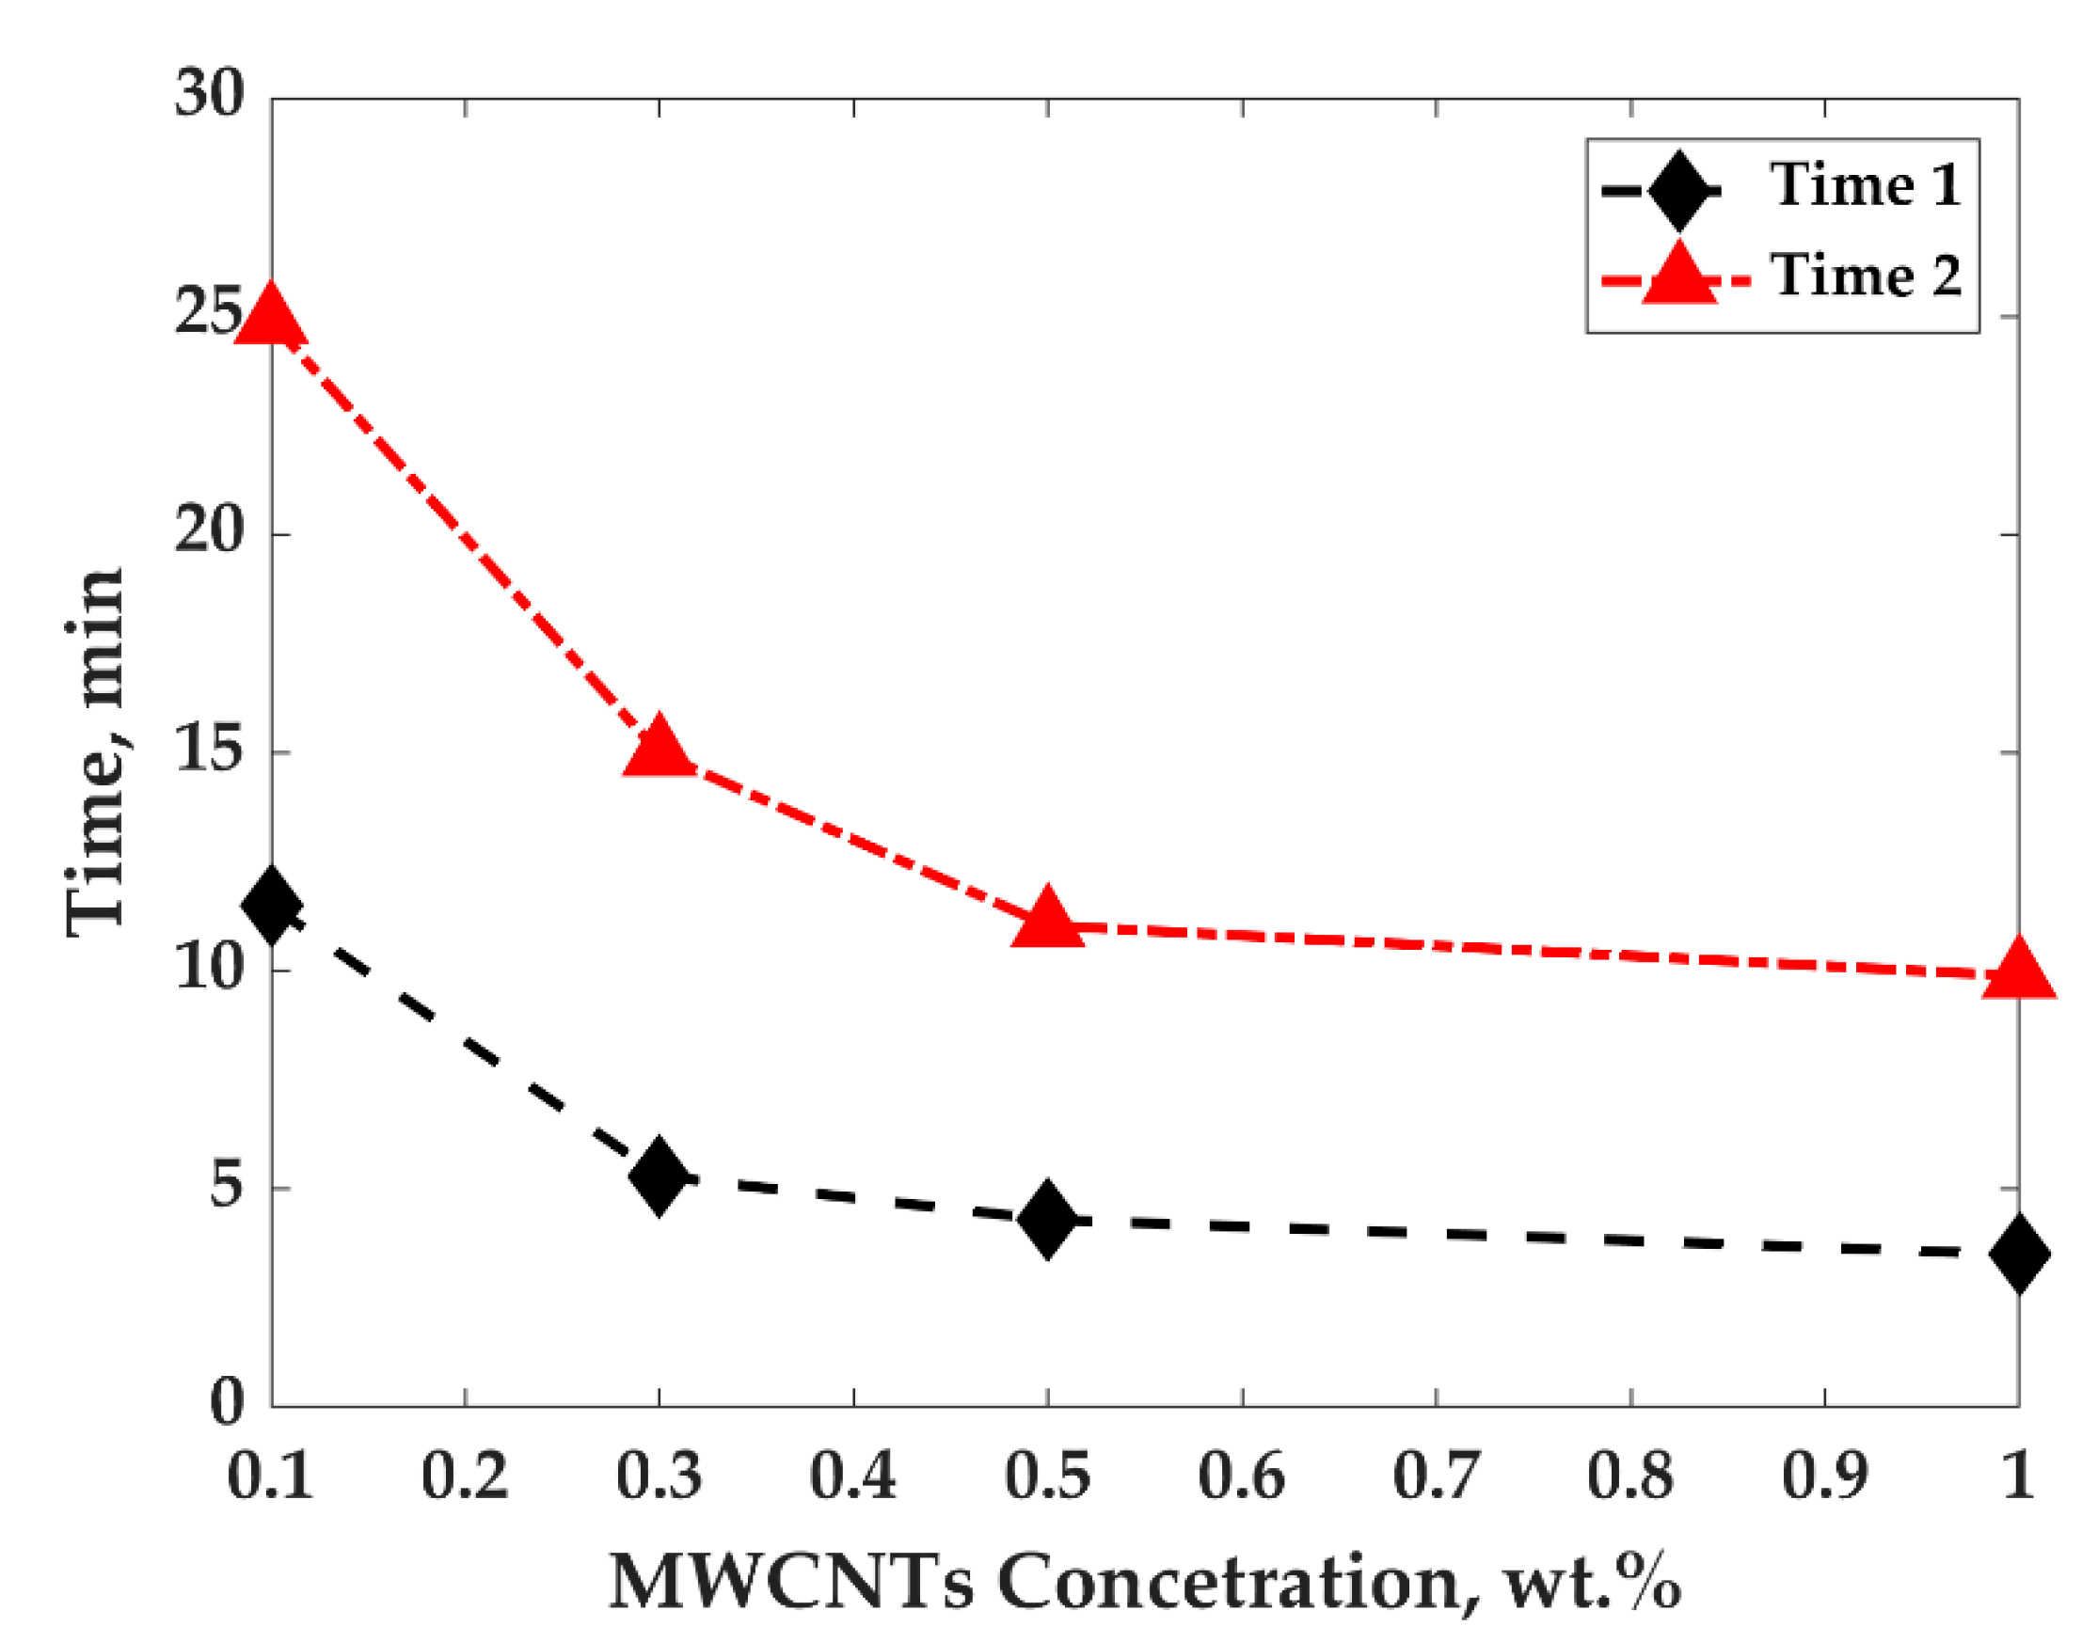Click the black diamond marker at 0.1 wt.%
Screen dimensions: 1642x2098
(272, 905)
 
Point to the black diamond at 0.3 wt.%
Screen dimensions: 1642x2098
(659, 1175)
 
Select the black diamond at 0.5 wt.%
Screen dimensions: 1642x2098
(1046, 1218)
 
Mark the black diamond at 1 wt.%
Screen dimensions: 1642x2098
(2016, 1253)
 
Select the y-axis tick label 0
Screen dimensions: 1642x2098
(227, 1403)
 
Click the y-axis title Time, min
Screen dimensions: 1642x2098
(96, 750)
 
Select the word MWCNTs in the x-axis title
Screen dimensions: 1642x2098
(790, 1584)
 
